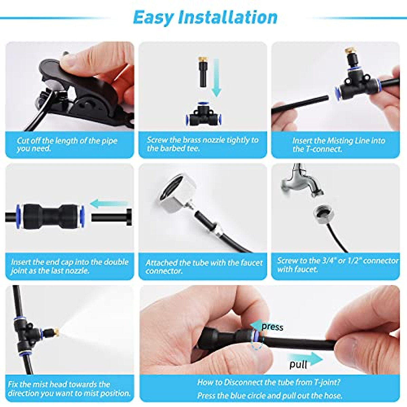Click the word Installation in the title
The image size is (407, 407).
click(228, 17)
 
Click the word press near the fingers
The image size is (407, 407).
click(272, 327)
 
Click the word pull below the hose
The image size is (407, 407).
click(298, 365)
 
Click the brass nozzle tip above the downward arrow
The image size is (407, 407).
click(202, 63)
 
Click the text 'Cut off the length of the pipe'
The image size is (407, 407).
click(67, 141)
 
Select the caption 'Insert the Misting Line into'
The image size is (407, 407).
click(338, 141)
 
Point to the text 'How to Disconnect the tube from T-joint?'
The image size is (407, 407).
click(269, 383)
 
